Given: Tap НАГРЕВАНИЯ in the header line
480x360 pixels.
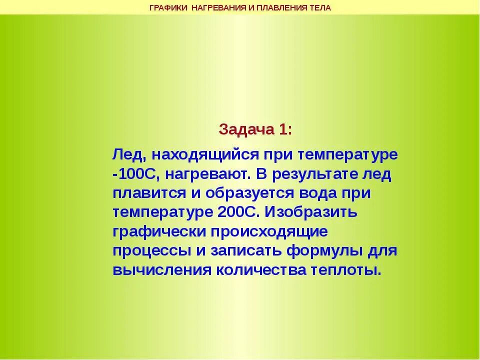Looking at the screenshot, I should point(218,7).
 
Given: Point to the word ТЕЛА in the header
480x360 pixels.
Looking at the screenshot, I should point(320,7).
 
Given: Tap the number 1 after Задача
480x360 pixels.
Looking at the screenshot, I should point(284,129).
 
